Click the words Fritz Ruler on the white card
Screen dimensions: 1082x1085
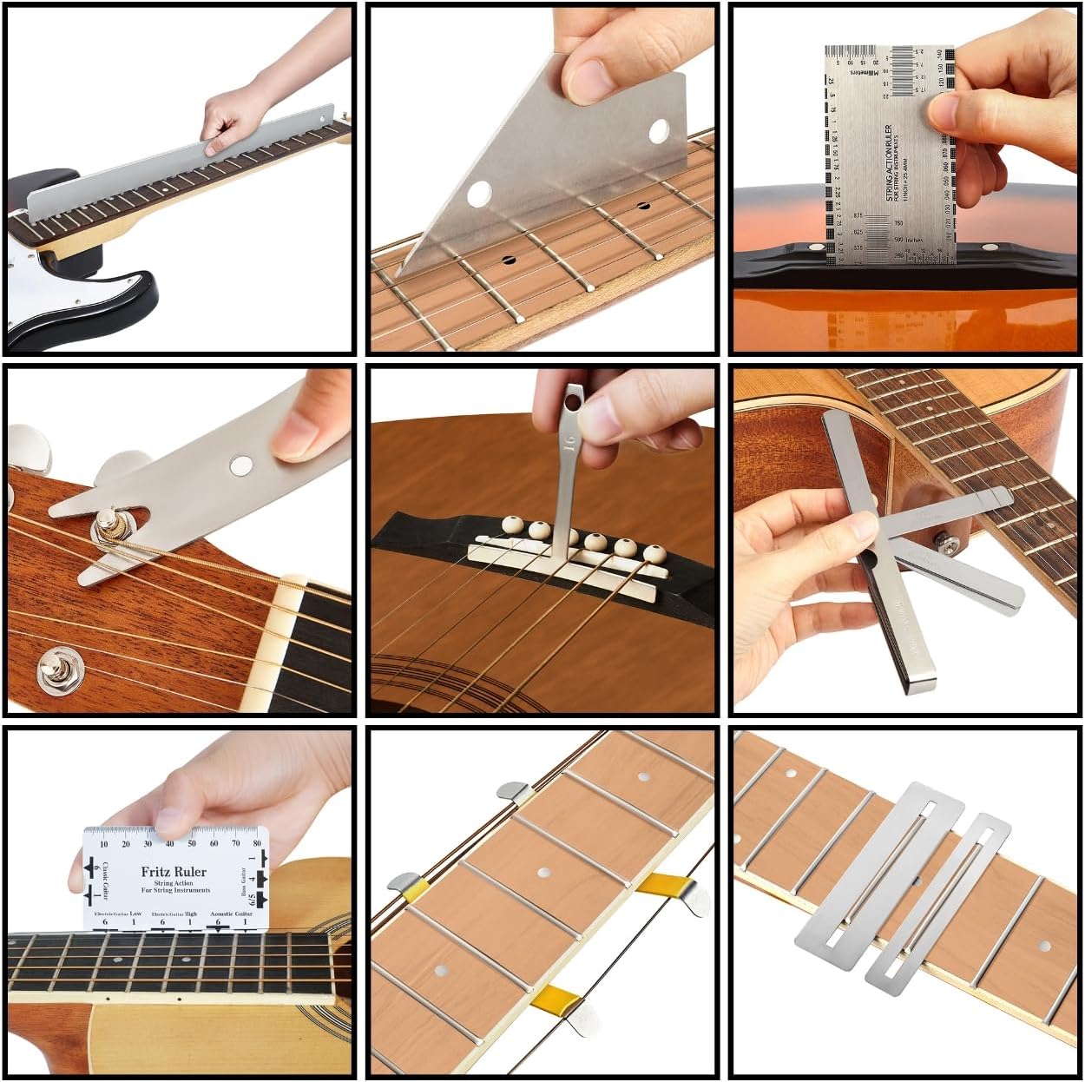tap(174, 871)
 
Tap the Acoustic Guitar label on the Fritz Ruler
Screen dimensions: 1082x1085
tap(232, 913)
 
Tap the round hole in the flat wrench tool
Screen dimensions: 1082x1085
tap(240, 467)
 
